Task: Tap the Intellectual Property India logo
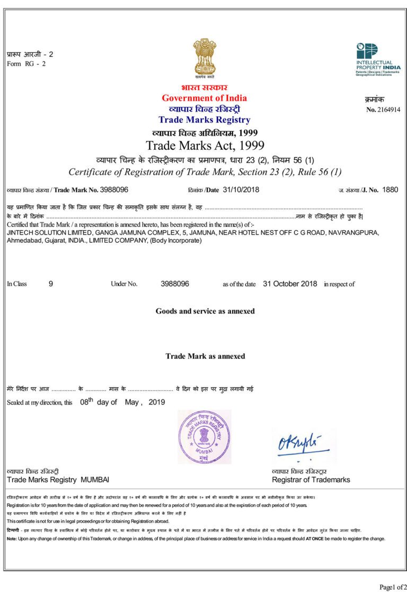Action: point(378,59)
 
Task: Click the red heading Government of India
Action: point(204,98)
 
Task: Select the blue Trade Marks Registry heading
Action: point(204,120)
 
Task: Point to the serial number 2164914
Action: point(390,110)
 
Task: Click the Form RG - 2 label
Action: point(26,64)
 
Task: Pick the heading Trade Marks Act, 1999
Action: point(205,145)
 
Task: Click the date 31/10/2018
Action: point(241,189)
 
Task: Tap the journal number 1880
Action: point(390,189)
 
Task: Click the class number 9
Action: point(51,284)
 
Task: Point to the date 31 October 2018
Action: point(290,284)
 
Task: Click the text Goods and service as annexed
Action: point(205,311)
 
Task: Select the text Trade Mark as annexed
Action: point(205,356)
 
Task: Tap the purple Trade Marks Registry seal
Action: point(205,437)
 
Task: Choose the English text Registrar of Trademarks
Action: point(311,480)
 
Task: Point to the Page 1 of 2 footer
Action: point(393,587)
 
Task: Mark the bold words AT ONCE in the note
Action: point(314,539)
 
